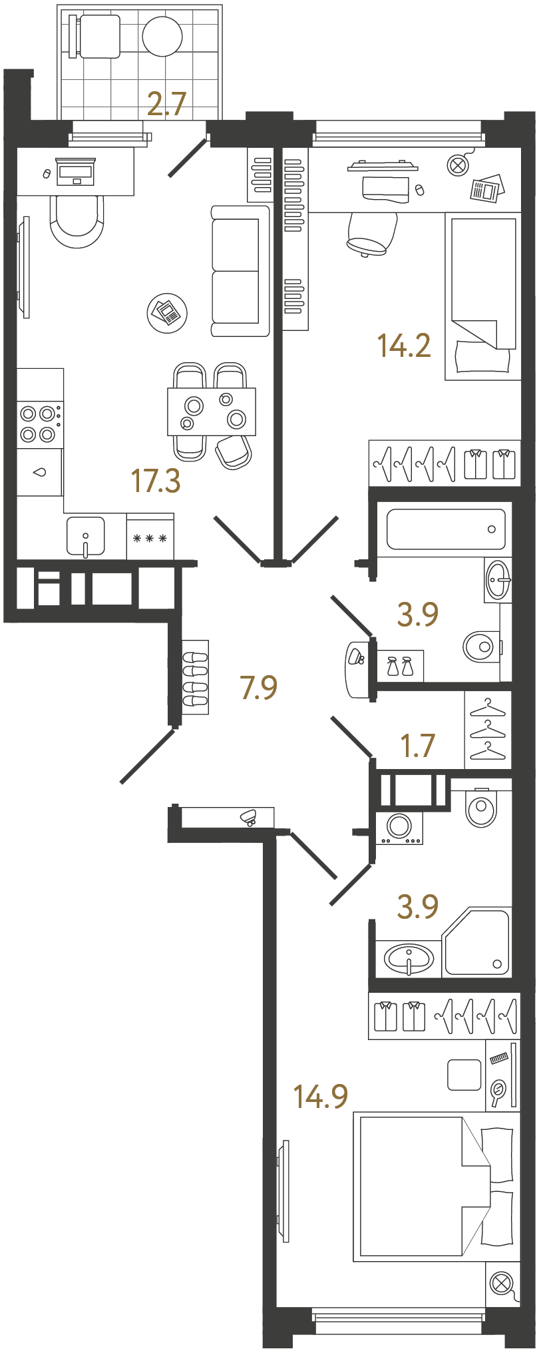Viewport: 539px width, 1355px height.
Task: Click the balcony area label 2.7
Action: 166,105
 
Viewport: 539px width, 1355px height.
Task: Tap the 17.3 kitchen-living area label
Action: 156,481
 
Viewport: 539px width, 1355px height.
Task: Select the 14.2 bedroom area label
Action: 404,346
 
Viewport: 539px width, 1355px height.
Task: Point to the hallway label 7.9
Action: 258,687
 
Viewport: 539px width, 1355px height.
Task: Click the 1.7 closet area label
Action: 417,746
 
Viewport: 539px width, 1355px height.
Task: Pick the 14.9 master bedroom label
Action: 321,1096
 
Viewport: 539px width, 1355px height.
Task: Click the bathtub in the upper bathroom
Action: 445,529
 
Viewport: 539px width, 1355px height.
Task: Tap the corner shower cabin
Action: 477,943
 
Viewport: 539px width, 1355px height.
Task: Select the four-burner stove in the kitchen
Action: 38,424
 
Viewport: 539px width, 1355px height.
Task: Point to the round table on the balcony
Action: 162,36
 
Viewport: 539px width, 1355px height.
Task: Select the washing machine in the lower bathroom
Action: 399,827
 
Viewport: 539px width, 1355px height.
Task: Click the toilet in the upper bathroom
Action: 480,646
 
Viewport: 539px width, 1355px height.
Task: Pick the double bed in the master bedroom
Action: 433,1187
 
